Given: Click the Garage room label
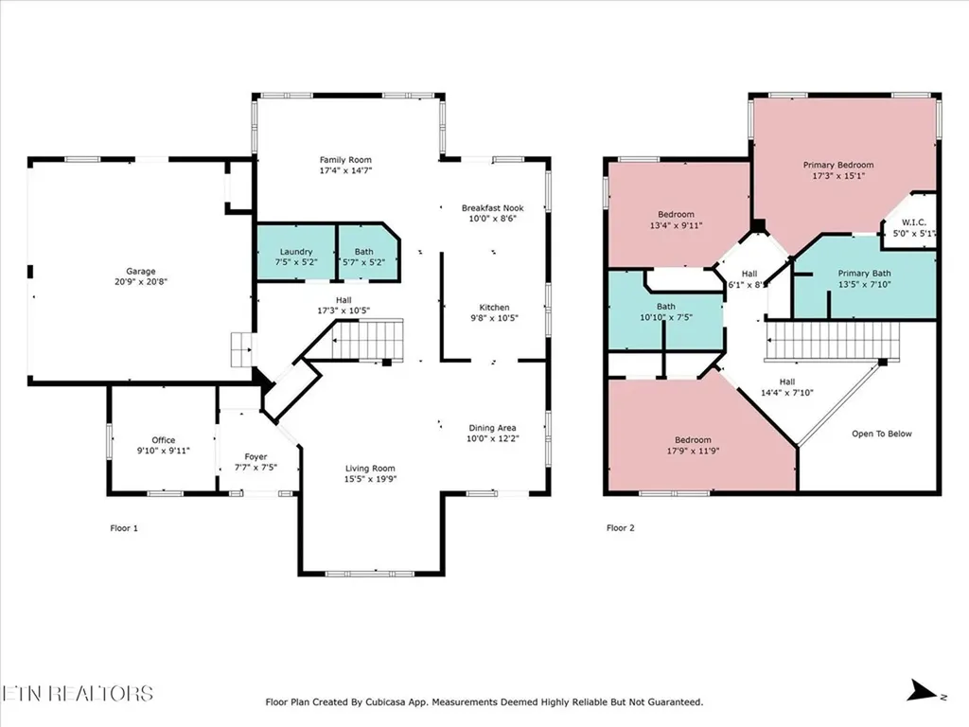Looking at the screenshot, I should (x=141, y=272).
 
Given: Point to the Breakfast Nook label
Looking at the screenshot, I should (x=492, y=207).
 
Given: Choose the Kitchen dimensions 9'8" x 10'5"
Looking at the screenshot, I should (x=494, y=319).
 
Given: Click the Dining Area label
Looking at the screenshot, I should (x=493, y=427).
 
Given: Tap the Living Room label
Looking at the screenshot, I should (x=370, y=469).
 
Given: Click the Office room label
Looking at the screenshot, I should (x=164, y=440).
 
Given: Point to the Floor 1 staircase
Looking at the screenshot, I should (x=369, y=340).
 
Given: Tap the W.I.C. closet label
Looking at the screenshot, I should (x=913, y=223).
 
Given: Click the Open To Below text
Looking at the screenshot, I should (x=881, y=434).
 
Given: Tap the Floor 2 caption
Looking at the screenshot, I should (x=620, y=528).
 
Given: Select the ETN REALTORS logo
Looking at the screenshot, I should (x=78, y=693).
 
